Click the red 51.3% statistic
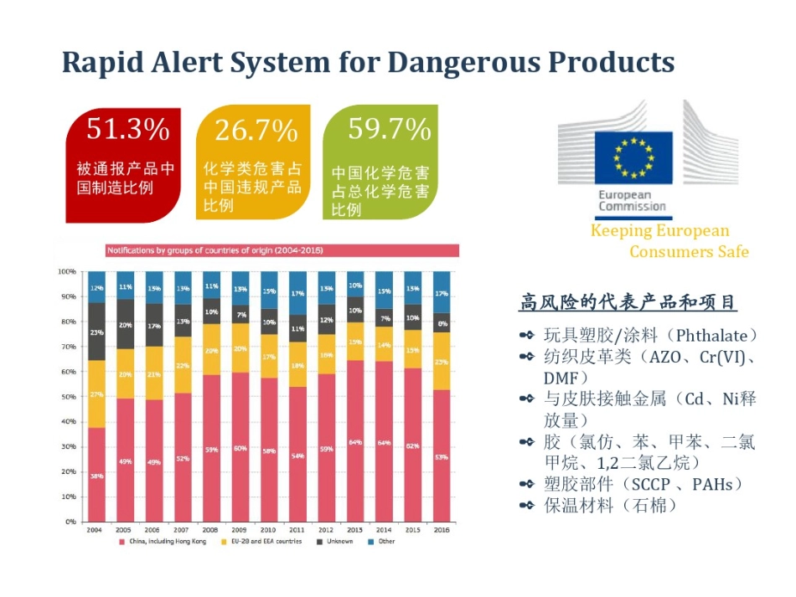pos(128,129)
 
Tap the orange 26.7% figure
pos(256,131)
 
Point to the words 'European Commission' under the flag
pos(632,200)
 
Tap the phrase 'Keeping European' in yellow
pos(659,231)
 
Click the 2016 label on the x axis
pos(440,530)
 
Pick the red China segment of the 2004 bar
pos(97,474)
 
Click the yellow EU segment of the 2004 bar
pos(97,394)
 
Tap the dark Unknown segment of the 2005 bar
pos(126,324)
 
